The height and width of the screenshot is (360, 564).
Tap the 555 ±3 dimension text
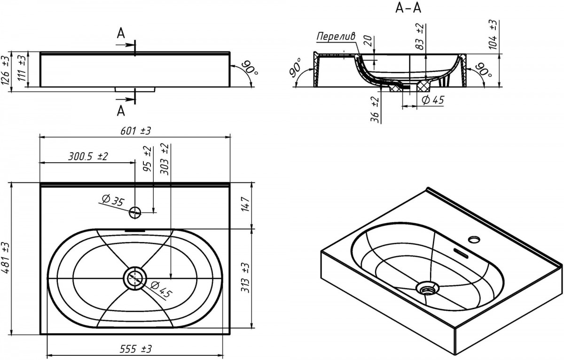click(x=135, y=349)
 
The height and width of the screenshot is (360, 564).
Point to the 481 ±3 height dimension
click(x=6, y=258)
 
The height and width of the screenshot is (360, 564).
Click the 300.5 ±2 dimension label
click(x=88, y=157)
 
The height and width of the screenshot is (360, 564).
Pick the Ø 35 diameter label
click(x=111, y=201)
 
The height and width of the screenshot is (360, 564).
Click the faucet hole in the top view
click(x=135, y=212)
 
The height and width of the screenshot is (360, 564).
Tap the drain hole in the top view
click(x=135, y=278)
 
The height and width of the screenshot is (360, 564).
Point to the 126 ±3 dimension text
click(x=6, y=70)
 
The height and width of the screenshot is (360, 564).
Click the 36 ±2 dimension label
click(x=374, y=110)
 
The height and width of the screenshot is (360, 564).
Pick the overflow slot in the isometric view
click(x=461, y=254)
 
